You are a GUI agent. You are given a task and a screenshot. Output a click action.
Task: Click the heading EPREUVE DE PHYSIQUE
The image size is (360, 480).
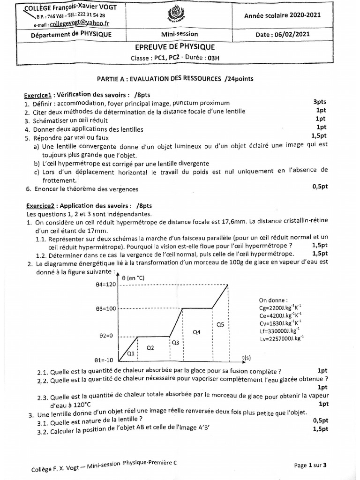(180, 47)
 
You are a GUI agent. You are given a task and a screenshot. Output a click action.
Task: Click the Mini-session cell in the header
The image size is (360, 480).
(180, 34)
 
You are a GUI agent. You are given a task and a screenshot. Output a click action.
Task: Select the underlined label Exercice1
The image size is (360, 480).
(40, 93)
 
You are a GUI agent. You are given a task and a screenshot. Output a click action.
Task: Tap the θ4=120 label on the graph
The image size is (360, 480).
(104, 285)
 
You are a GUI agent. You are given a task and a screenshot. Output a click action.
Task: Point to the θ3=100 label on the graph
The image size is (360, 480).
(104, 309)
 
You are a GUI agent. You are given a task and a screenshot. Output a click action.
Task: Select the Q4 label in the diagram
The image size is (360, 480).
(197, 332)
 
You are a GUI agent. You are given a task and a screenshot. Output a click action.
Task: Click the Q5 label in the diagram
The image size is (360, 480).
(220, 324)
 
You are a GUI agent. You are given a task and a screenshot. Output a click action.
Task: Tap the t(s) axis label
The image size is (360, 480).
(247, 357)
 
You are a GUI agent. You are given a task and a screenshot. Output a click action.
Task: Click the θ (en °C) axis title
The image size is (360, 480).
(133, 278)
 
